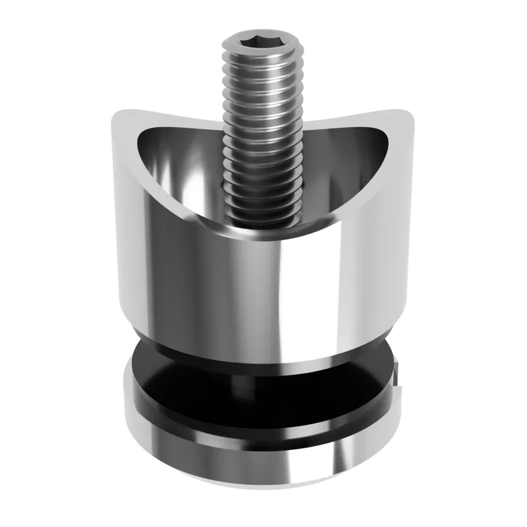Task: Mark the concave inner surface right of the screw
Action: [343, 165]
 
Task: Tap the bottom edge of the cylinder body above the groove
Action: [263, 364]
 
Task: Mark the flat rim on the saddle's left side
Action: [128, 171]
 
